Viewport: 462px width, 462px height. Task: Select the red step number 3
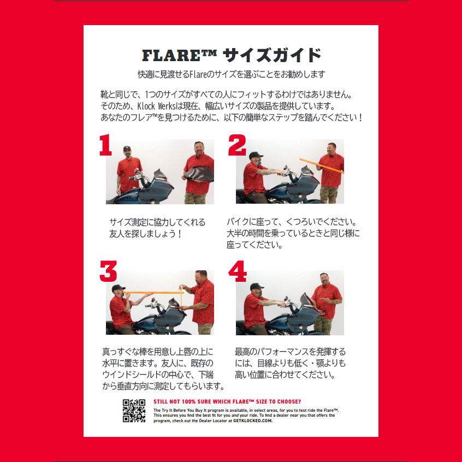[x=108, y=271]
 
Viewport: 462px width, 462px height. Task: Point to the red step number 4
[x=238, y=271]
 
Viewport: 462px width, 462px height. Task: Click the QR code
[x=134, y=411]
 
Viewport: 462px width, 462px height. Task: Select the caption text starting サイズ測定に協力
[x=157, y=222]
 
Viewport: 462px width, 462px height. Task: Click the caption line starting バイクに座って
[x=292, y=222]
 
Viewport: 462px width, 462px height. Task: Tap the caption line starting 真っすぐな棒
[x=157, y=352]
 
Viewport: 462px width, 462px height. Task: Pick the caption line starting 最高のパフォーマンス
[x=290, y=352]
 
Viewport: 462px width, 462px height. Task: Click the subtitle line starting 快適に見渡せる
[x=231, y=74]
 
